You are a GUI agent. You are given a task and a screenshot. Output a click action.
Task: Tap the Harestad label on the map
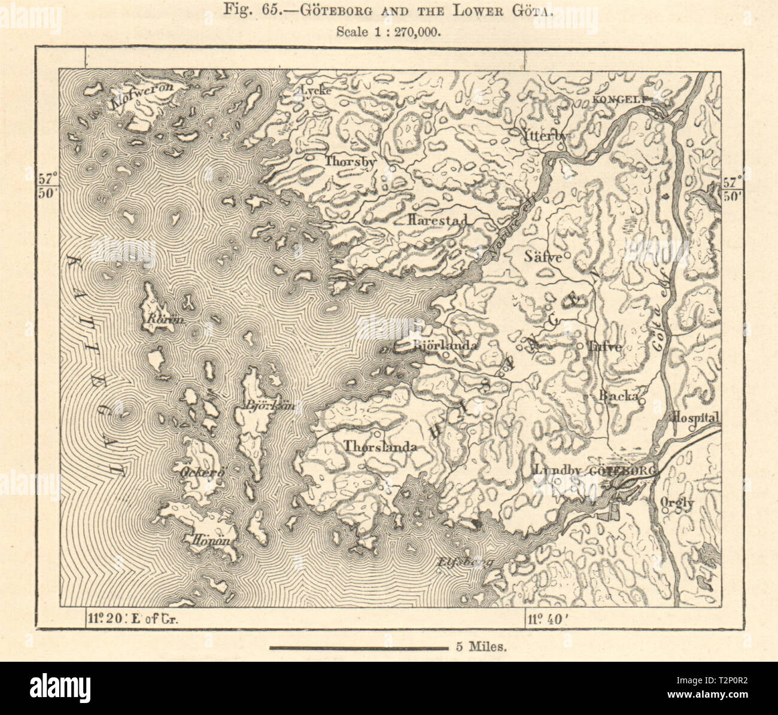pyautogui.click(x=436, y=220)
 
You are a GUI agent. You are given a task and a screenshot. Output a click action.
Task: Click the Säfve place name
pyautogui.click(x=543, y=257)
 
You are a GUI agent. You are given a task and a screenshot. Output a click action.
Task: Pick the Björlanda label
pyautogui.click(x=445, y=346)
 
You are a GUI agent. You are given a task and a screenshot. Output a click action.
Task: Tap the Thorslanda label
pyautogui.click(x=379, y=447)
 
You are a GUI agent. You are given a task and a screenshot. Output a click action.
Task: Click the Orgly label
pyautogui.click(x=677, y=503)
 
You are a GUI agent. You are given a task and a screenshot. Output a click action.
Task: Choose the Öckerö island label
pyautogui.click(x=202, y=472)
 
